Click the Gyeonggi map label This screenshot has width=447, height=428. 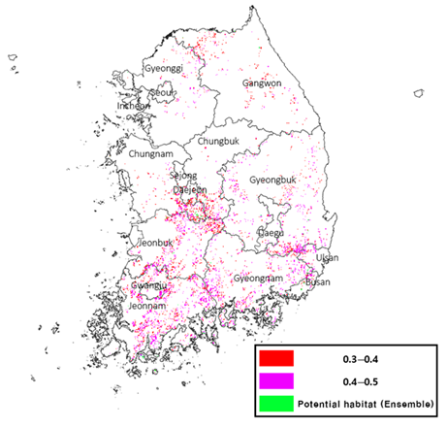tap(162, 69)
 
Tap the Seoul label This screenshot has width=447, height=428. tap(163, 93)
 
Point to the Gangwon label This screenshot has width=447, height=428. tap(261, 83)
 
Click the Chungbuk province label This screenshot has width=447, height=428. tap(218, 141)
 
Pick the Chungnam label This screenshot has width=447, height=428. tap(150, 154)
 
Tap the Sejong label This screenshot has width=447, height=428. tap(183, 176)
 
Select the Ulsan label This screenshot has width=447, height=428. tap(326, 257)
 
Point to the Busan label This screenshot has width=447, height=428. tap(317, 282)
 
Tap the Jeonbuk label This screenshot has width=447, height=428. tap(155, 242)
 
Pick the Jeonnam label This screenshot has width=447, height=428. tap(146, 306)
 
